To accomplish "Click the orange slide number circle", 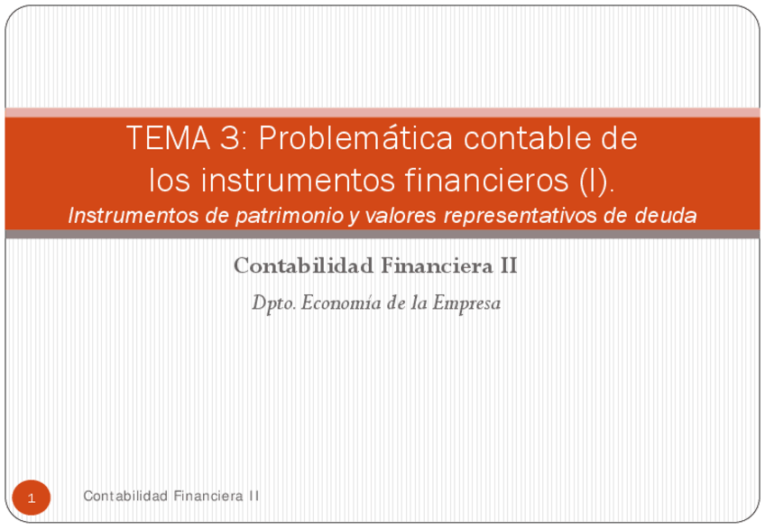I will [x=32, y=497].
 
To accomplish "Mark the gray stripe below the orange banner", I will [x=382, y=234].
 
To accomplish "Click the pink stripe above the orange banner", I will [x=382, y=112].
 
